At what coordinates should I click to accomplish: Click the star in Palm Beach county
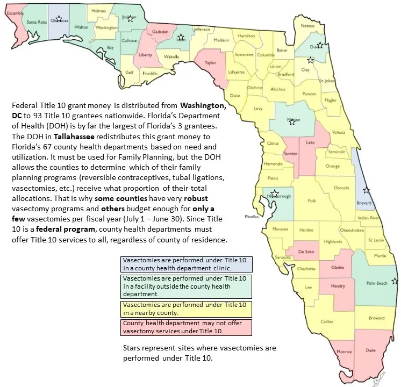(395, 281)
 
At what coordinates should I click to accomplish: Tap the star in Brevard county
(367, 190)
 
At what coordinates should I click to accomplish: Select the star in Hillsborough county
(275, 193)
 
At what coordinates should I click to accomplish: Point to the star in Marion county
(292, 121)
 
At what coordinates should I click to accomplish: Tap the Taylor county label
(210, 62)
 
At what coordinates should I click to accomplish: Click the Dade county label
(370, 350)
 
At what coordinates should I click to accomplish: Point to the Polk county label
(312, 201)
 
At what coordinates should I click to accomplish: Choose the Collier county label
(327, 321)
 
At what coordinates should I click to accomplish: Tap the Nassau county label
(307, 25)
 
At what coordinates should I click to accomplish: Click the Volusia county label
(338, 132)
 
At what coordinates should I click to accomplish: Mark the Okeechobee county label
(352, 230)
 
